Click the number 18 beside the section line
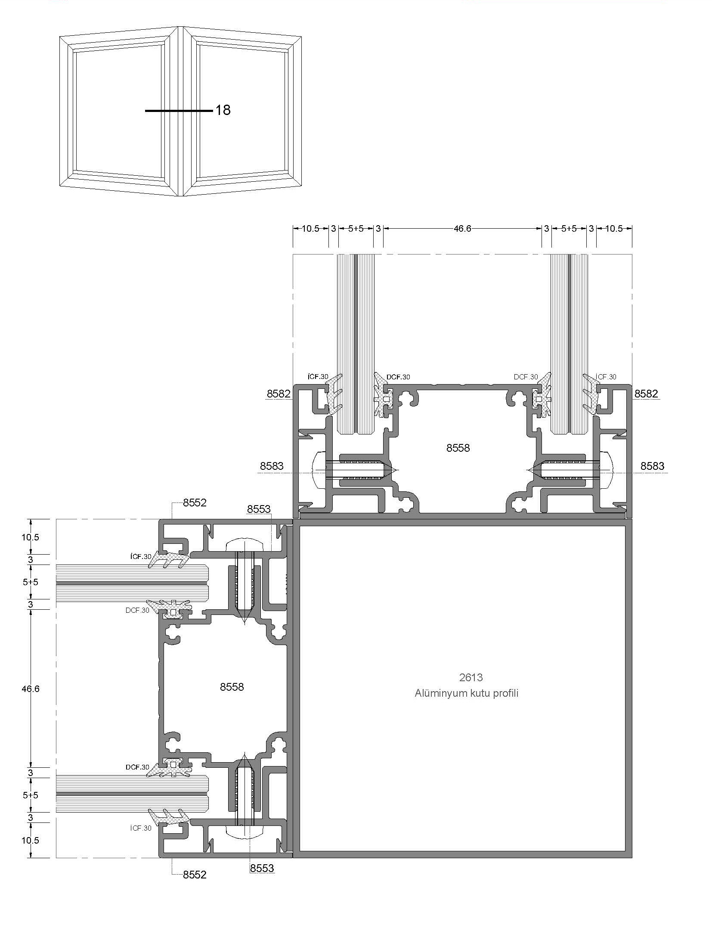(223, 110)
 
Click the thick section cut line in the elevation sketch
(179, 111)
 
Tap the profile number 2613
(471, 677)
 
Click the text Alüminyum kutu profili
(467, 693)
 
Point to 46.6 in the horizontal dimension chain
(462, 228)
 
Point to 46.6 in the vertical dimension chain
(31, 689)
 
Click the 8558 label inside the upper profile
(458, 448)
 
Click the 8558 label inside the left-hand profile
(232, 687)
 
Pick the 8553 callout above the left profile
(259, 509)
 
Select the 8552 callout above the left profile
(195, 503)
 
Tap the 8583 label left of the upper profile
(272, 466)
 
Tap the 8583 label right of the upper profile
(652, 466)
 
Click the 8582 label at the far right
(646, 394)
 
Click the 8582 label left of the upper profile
(279, 394)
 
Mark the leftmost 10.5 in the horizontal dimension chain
(310, 228)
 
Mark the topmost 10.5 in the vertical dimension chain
(31, 537)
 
